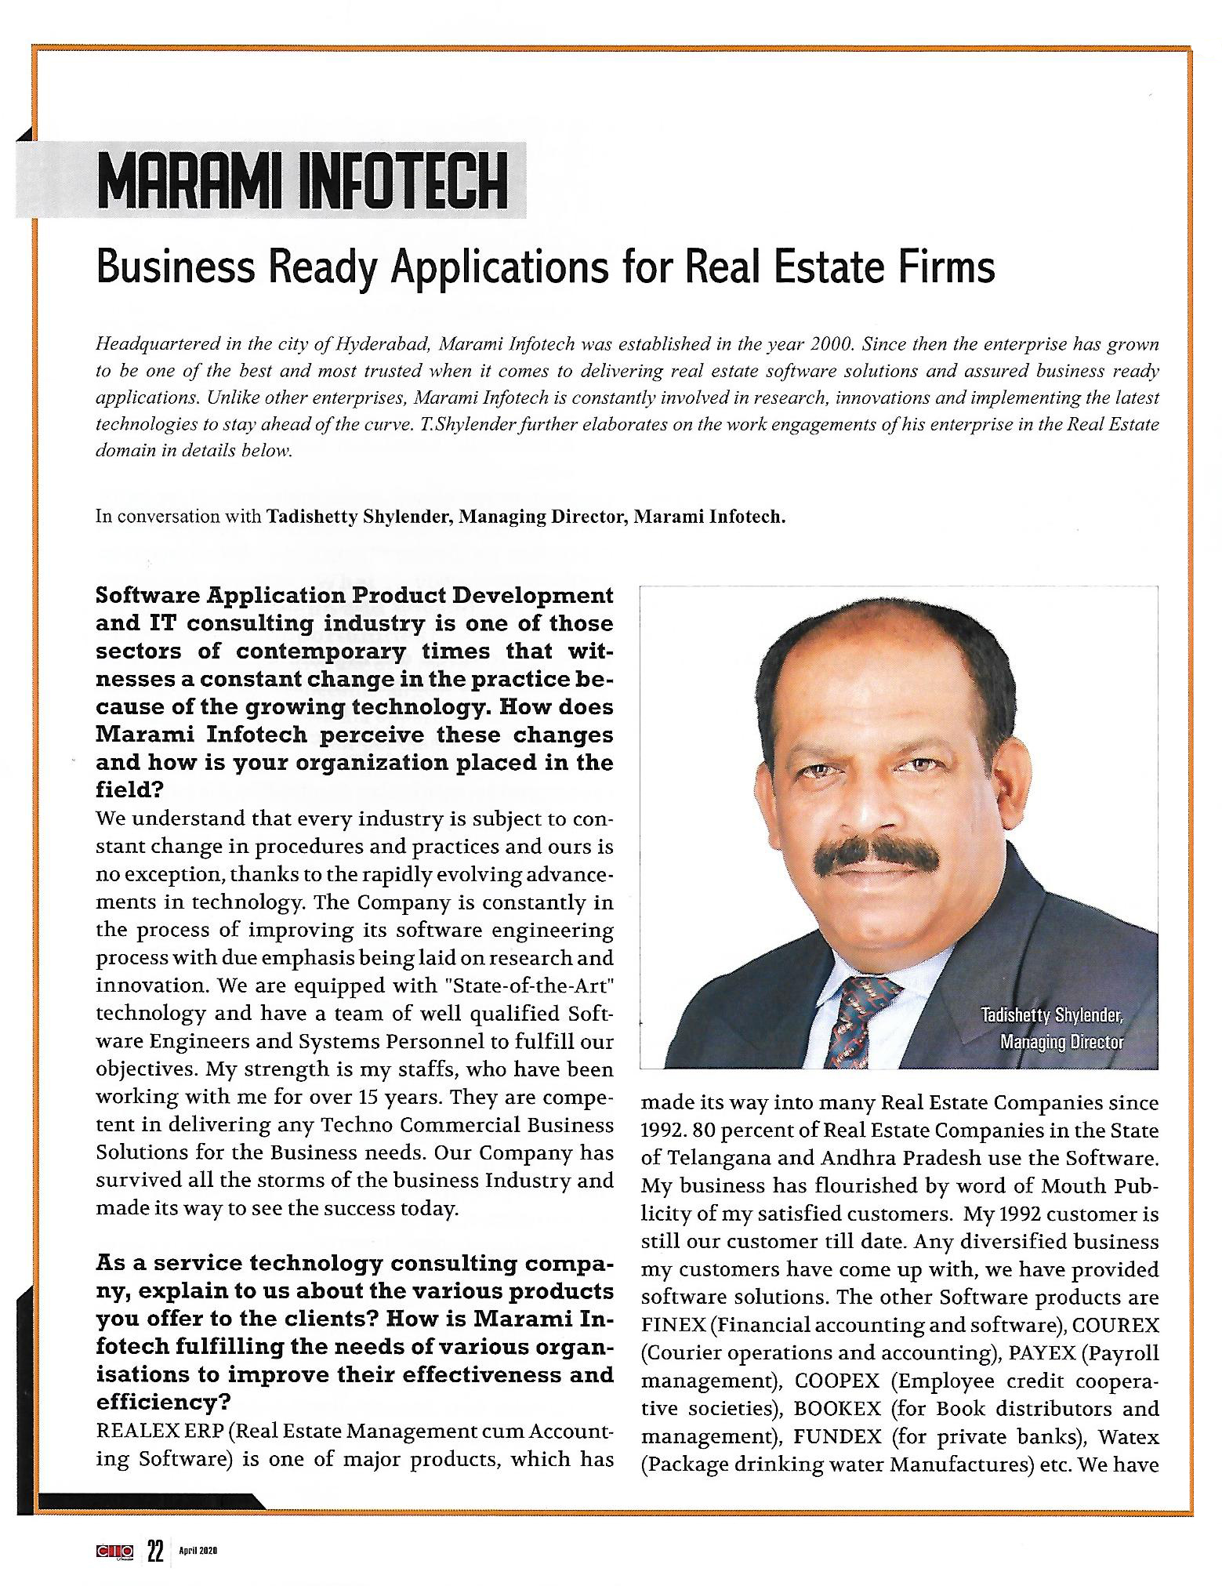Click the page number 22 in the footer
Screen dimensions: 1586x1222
(155, 1551)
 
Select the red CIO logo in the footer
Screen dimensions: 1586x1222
(114, 1551)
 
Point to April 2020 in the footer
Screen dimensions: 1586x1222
(197, 1552)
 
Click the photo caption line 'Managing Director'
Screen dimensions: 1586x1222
(1061, 1042)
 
